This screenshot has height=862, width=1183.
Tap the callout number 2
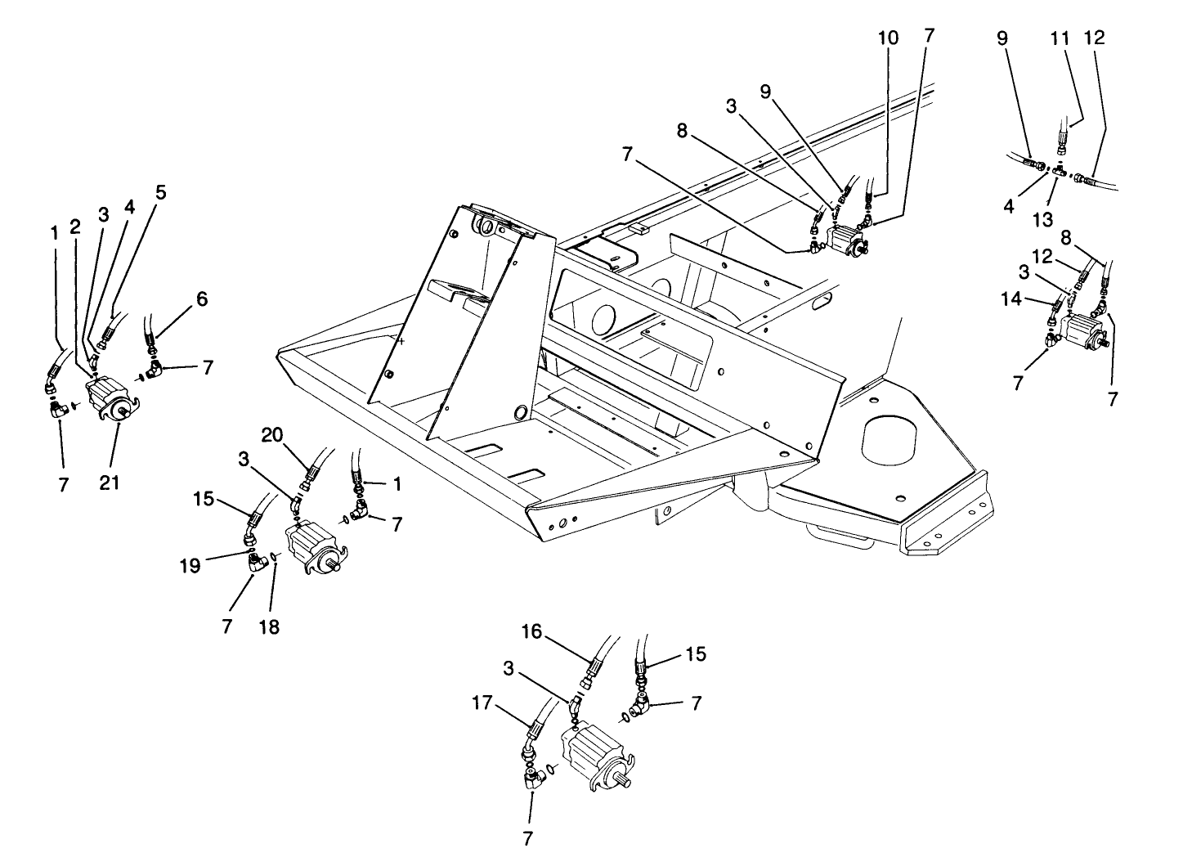[x=75, y=227]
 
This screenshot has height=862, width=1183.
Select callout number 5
[x=160, y=193]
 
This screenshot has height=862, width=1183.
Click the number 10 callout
[x=888, y=38]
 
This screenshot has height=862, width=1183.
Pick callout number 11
[x=1060, y=38]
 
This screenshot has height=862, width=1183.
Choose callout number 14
[x=1014, y=300]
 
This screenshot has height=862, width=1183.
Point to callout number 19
[x=190, y=565]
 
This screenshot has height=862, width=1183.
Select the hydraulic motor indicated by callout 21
[x=110, y=397]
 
